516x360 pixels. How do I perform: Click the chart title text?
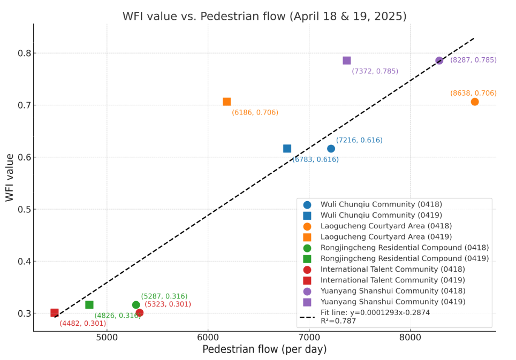tap(264, 17)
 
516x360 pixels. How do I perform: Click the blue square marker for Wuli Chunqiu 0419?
tap(287, 149)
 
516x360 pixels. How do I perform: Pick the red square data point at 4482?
tap(55, 313)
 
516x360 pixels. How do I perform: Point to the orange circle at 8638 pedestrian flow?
tap(475, 102)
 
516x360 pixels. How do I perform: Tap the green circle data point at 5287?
tap(136, 305)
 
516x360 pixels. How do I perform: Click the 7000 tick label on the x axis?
tap(309, 338)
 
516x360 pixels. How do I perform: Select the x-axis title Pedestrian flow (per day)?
tap(264, 350)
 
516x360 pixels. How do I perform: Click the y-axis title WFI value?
tap(10, 178)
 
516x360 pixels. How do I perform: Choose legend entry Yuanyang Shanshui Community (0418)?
tap(381, 291)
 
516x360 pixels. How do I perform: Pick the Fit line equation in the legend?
tap(375, 313)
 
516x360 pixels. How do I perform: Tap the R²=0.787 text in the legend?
tap(338, 321)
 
